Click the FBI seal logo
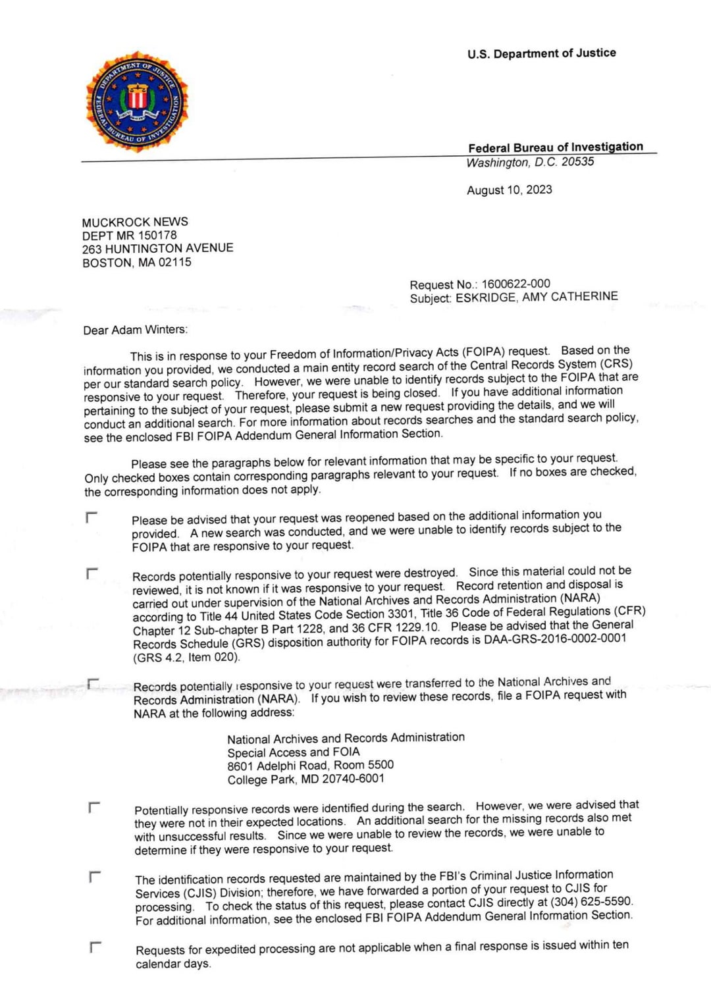coord(137,103)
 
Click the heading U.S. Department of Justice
coord(542,53)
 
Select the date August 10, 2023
coord(510,190)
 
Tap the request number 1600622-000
coord(515,284)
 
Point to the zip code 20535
coord(577,161)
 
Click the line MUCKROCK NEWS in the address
coord(135,222)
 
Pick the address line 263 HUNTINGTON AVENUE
coord(157,248)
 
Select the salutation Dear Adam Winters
coord(135,330)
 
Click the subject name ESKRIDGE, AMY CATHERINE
coord(537,297)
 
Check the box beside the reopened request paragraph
coord(92,517)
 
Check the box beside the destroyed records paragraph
coord(92,573)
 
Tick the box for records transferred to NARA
coord(93,685)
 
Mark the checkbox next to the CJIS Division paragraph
coord(95,876)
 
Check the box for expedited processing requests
coord(95,947)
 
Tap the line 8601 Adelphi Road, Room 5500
coord(310,765)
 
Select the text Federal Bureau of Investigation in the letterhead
coord(556,147)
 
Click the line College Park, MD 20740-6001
coord(305,779)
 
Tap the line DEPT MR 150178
coord(129,235)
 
